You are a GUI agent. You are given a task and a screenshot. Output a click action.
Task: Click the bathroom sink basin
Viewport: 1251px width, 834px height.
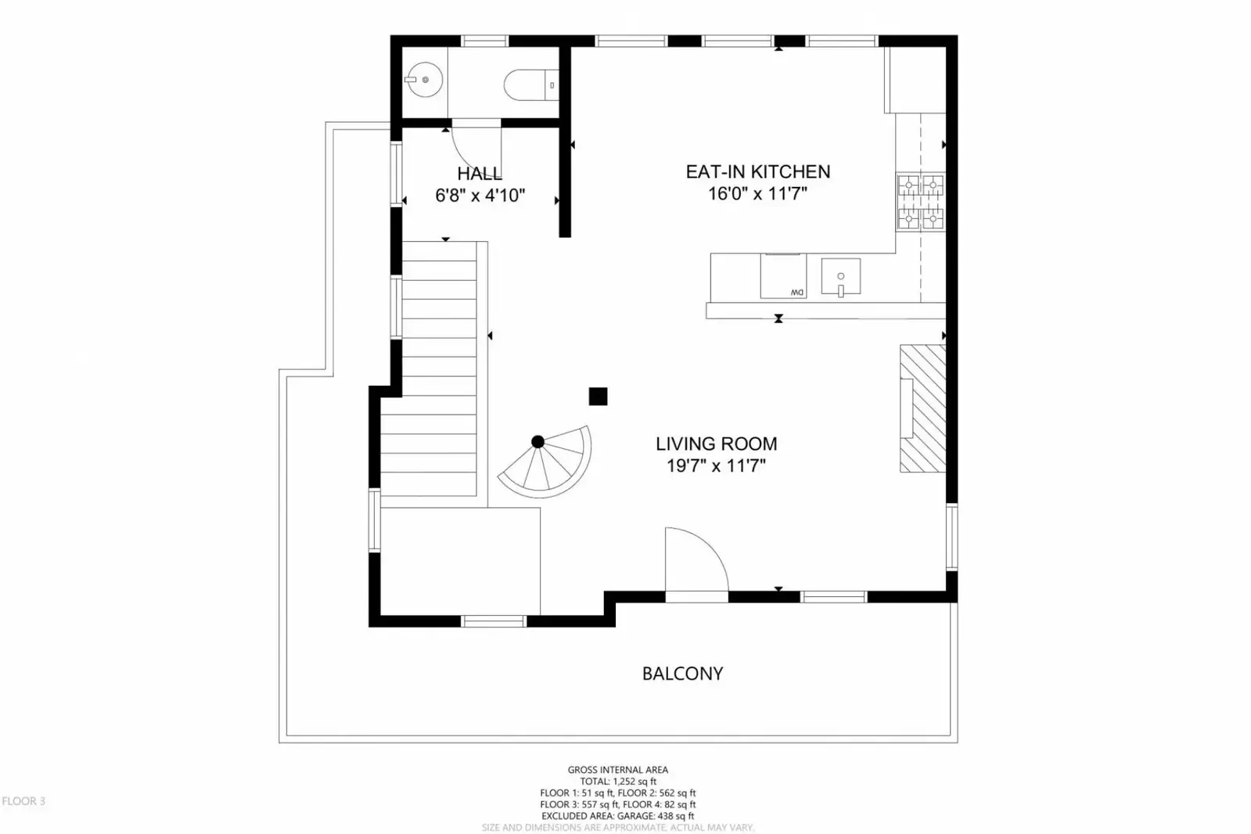[423, 80]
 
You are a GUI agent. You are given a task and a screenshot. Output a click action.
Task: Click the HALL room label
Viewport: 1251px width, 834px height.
[480, 174]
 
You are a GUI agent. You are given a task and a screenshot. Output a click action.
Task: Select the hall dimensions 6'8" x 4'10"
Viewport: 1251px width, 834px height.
[480, 196]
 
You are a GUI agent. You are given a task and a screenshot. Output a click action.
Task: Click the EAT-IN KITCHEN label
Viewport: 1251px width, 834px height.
[757, 172]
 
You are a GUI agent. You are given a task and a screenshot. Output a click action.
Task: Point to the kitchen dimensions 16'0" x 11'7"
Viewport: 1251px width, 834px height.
[757, 194]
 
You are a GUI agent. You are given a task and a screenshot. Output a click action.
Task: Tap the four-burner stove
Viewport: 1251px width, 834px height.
[920, 203]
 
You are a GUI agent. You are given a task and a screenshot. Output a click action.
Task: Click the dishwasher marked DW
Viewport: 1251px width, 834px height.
[783, 276]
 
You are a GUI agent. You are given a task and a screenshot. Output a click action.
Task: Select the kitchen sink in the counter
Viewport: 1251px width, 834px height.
[840, 277]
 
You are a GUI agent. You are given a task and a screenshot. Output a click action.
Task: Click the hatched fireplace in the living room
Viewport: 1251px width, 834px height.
[922, 408]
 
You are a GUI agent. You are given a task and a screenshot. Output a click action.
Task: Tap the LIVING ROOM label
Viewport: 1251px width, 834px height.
[716, 444]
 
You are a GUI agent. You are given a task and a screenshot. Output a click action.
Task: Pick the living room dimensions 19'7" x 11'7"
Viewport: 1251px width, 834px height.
[716, 466]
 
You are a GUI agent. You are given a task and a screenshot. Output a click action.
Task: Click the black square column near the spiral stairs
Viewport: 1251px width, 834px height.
[598, 397]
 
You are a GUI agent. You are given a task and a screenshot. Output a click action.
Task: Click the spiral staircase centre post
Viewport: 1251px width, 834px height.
[537, 442]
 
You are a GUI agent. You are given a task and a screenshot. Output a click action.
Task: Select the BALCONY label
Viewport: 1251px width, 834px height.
[682, 674]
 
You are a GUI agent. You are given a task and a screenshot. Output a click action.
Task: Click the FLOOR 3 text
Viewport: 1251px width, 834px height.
[23, 801]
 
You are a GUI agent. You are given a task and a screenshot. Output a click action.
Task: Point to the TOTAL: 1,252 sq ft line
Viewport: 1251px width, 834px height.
[617, 781]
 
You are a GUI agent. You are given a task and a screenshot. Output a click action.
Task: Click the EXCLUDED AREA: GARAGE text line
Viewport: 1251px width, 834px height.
[617, 816]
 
